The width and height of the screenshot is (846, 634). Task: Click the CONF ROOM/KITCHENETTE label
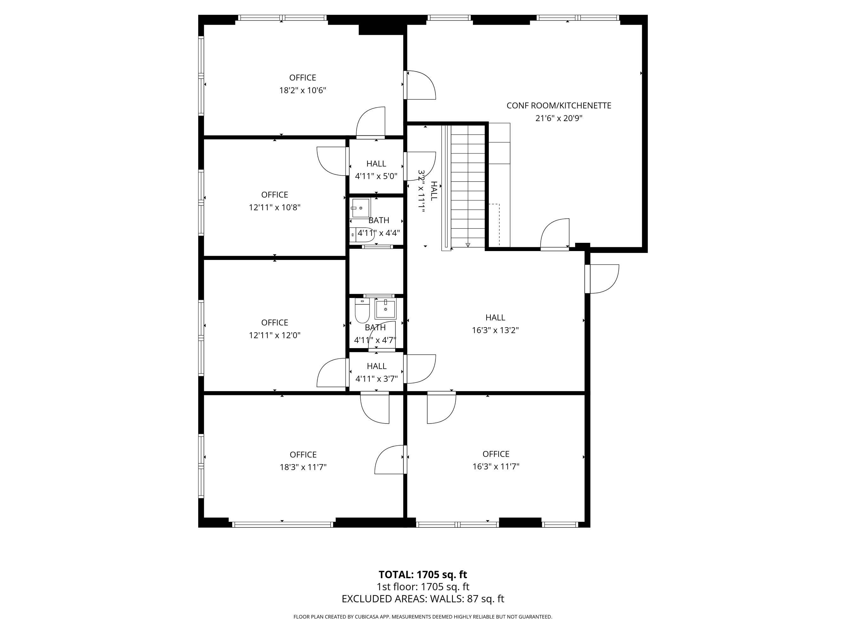(559, 106)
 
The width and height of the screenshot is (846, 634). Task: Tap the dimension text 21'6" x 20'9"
(559, 118)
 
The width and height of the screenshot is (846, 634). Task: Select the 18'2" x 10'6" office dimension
(303, 90)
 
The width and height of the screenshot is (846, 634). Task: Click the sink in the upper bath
(361, 208)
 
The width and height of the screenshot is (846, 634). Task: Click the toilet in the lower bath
(362, 310)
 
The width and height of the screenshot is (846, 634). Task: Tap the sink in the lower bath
(385, 309)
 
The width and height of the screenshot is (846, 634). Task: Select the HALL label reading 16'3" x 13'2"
(495, 317)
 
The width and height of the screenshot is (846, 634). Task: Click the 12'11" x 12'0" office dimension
(275, 335)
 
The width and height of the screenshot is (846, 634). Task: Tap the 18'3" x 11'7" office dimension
(303, 467)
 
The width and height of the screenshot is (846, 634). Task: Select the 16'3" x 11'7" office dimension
(496, 466)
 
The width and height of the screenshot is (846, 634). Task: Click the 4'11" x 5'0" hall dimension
(376, 176)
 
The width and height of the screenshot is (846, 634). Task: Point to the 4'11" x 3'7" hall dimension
(377, 379)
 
